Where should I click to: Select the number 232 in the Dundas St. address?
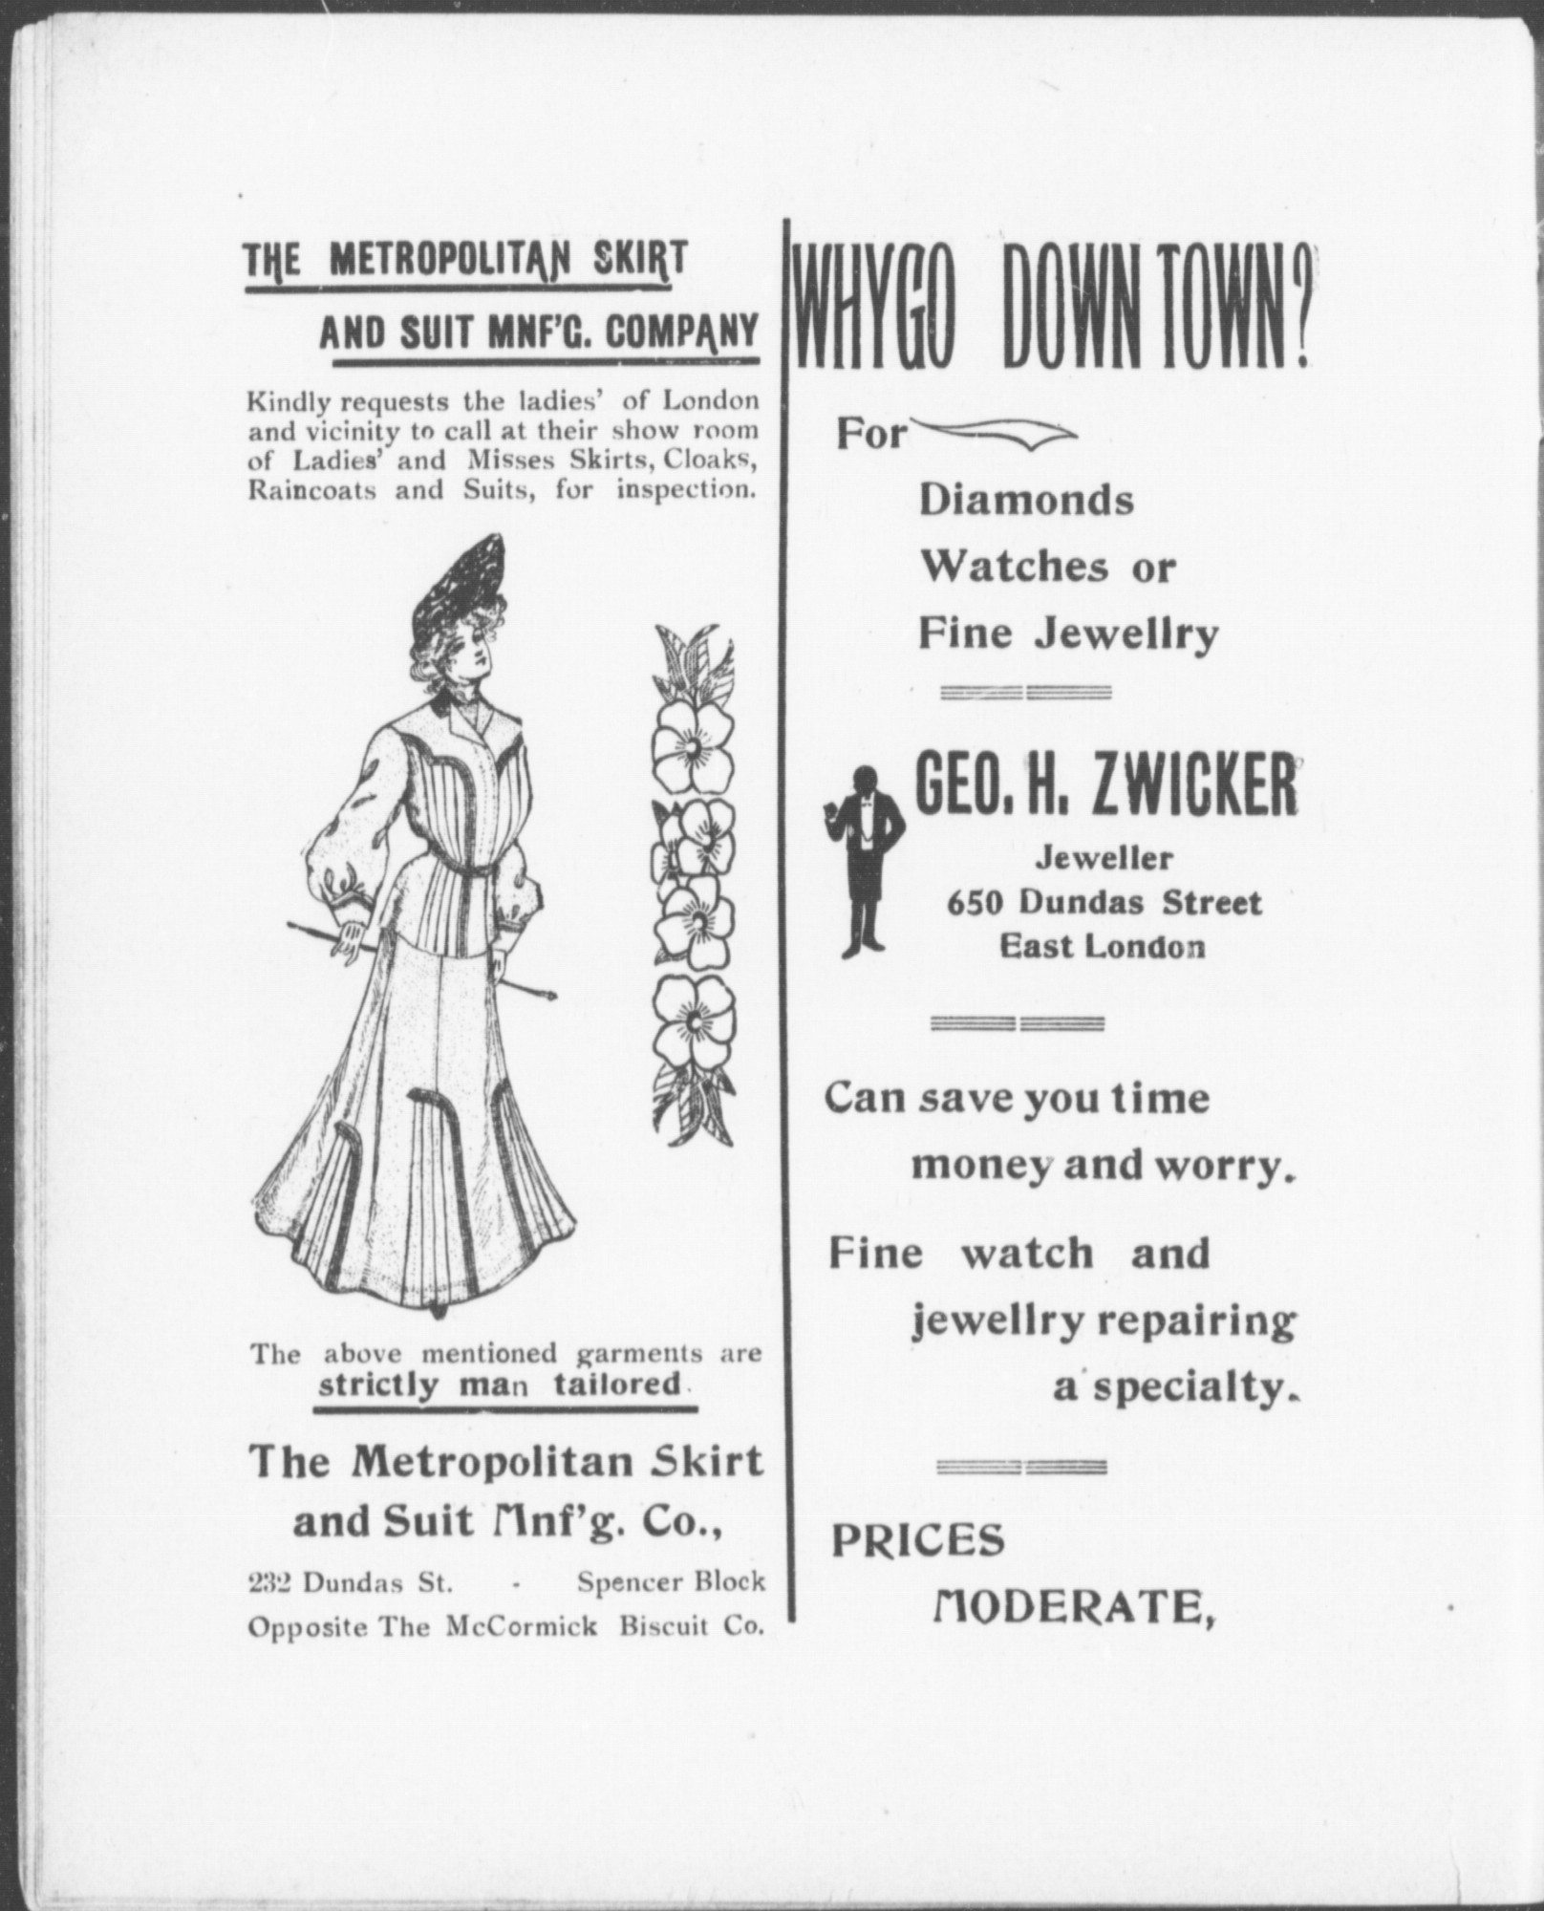tap(271, 1582)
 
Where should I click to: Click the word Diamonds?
tap(1026, 501)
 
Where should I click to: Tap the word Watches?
tap(1013, 568)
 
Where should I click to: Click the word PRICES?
tap(918, 1540)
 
